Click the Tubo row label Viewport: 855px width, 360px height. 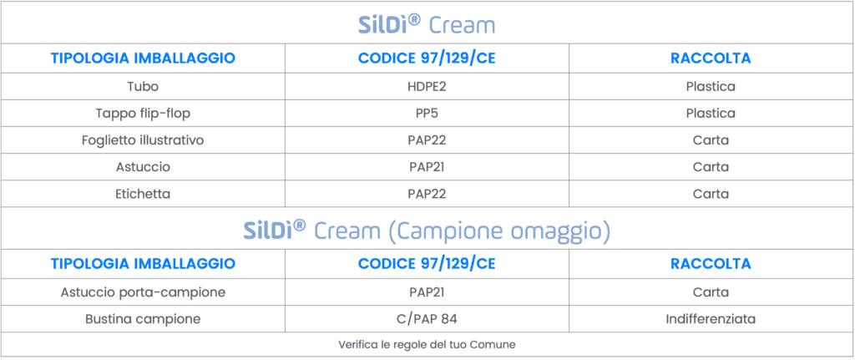click(x=143, y=86)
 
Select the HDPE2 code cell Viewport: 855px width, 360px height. click(x=427, y=86)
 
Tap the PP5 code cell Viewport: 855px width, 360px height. click(x=427, y=114)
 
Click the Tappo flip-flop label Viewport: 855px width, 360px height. click(x=143, y=114)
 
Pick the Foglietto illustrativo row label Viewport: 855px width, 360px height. click(x=143, y=140)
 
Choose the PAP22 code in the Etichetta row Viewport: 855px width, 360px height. click(x=427, y=194)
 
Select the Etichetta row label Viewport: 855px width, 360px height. click(x=143, y=194)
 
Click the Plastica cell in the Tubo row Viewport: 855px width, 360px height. click(x=711, y=86)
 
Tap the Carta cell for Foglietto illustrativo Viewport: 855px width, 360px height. click(x=711, y=140)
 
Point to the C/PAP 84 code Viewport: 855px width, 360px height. click(x=427, y=319)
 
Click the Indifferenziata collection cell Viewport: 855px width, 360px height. click(x=711, y=319)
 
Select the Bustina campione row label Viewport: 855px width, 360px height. click(x=143, y=319)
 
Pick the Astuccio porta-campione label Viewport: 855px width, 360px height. click(x=143, y=292)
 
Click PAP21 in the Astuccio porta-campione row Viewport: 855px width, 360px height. click(x=427, y=292)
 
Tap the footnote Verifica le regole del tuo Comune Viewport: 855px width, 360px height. click(x=427, y=345)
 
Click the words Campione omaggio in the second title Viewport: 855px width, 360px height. click(x=499, y=232)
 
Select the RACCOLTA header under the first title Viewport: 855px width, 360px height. click(x=711, y=58)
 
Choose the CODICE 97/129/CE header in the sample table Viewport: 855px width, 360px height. click(x=427, y=264)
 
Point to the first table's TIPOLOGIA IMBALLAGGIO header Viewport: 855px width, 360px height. click(x=143, y=58)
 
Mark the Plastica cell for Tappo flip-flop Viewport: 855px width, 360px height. click(x=711, y=114)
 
